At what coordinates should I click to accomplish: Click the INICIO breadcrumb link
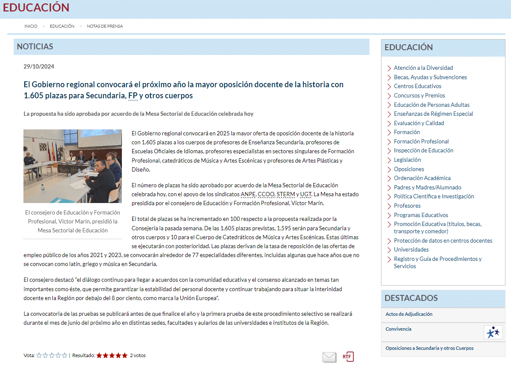coord(31,26)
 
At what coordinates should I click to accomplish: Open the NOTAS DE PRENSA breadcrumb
coord(105,26)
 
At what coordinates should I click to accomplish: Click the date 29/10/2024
coord(39,66)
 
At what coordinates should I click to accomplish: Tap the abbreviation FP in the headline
coord(133,96)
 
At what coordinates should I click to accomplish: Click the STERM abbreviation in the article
coord(286,195)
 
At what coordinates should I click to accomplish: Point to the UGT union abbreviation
coord(306,195)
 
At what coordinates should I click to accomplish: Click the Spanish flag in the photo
coord(53,151)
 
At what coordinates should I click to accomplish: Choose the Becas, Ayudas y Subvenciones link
coord(430,77)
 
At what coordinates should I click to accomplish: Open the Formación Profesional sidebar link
coord(421,141)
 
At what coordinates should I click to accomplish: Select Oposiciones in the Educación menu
coord(409,169)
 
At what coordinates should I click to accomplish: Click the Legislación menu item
coord(407,160)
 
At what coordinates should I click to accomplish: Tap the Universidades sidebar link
coord(411,250)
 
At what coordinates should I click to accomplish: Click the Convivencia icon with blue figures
coord(493,332)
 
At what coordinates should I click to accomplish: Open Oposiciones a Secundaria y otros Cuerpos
coord(429,348)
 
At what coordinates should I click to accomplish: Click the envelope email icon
coord(329,357)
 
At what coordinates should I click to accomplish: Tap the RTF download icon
coord(348,357)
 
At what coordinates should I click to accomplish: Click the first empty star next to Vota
coord(39,355)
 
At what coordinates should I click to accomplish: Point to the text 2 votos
coord(138,355)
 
